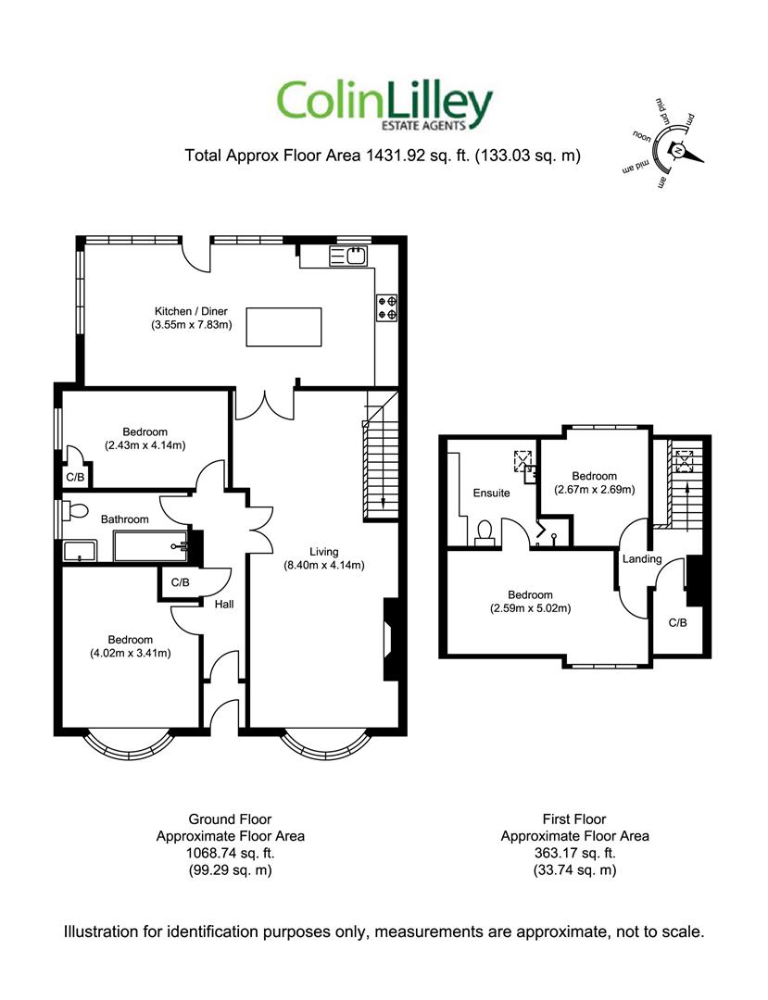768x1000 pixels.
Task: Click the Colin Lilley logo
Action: (x=384, y=106)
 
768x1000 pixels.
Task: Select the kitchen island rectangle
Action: (x=283, y=327)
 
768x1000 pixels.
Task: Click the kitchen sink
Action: (x=348, y=256)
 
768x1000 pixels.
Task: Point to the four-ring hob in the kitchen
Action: (x=386, y=307)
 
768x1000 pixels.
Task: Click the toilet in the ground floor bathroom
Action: (x=77, y=511)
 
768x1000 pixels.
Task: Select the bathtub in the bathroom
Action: (x=151, y=546)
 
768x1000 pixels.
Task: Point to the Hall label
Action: (x=224, y=604)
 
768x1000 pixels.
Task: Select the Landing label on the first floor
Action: (x=642, y=559)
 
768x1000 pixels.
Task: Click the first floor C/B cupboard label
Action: (x=677, y=622)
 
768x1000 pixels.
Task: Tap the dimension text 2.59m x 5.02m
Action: (x=530, y=608)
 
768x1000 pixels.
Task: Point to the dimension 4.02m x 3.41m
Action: (x=130, y=653)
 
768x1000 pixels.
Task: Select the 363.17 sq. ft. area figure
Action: (x=574, y=853)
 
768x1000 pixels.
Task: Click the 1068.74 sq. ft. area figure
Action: (x=231, y=853)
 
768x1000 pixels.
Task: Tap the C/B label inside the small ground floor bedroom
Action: (x=75, y=477)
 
